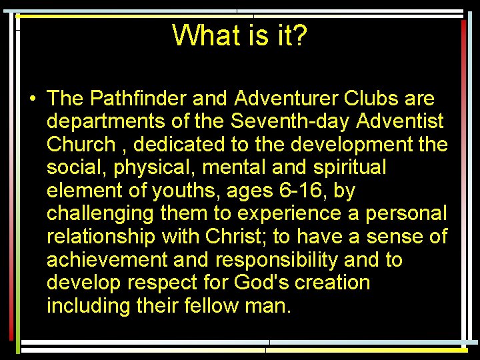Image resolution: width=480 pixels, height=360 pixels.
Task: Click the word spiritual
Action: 345,167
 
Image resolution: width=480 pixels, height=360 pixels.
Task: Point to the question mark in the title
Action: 299,35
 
